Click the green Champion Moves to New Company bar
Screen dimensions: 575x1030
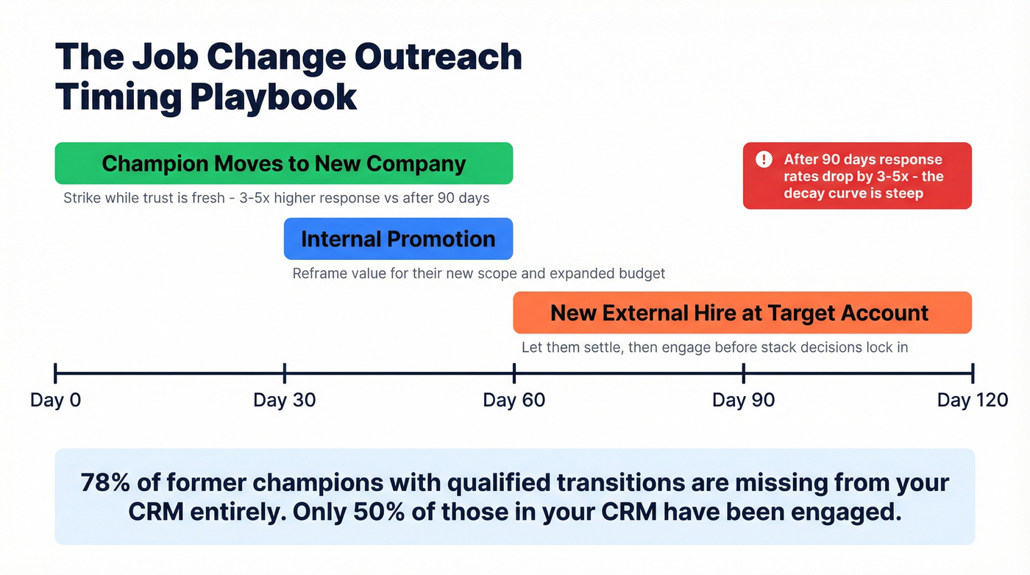tap(283, 163)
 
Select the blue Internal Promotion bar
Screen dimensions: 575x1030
tap(398, 239)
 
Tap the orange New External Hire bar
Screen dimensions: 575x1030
tap(742, 312)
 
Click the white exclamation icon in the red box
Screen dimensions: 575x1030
tap(764, 159)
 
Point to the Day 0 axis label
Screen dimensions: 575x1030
tap(55, 400)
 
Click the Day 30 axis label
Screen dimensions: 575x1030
tap(284, 400)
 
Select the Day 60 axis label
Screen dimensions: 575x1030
tap(514, 400)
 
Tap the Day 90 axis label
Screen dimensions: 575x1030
tap(743, 400)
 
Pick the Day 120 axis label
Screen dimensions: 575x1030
tap(972, 400)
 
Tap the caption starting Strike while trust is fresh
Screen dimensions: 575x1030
tap(276, 198)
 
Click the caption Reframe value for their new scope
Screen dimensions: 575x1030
tap(478, 273)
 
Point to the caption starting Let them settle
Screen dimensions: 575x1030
tap(714, 347)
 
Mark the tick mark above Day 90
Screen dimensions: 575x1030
tap(743, 373)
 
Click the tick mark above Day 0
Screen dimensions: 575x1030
tap(55, 373)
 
